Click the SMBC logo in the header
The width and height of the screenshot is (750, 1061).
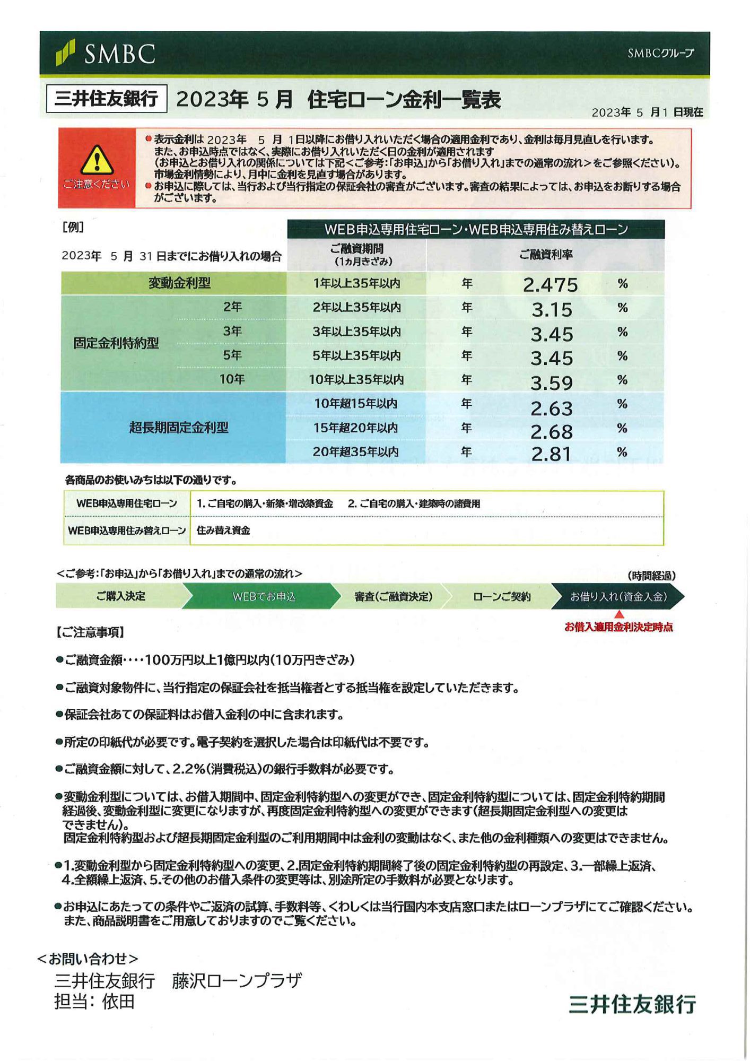[105, 54]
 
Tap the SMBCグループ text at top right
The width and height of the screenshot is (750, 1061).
[660, 53]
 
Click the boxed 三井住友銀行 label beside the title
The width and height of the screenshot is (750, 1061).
[107, 99]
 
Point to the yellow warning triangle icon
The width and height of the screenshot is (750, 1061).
[97, 160]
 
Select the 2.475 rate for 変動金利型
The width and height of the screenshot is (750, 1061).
[550, 285]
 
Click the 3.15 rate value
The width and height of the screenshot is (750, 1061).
[552, 310]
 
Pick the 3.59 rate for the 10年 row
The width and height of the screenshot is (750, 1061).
[552, 382]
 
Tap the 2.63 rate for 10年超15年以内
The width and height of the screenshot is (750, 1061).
[552, 407]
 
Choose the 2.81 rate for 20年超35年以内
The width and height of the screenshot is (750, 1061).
[551, 454]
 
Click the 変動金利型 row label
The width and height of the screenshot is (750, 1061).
[179, 283]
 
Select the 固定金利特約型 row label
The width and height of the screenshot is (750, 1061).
[116, 343]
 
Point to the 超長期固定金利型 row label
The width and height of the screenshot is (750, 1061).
[179, 428]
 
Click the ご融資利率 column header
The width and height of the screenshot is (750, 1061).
[545, 255]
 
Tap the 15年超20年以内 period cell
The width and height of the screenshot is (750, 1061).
[355, 428]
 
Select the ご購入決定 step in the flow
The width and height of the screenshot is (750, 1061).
[120, 596]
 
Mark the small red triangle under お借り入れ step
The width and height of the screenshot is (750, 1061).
[618, 615]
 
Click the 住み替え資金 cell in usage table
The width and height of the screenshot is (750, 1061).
[223, 530]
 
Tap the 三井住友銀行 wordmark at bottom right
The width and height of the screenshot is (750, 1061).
[632, 1004]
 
